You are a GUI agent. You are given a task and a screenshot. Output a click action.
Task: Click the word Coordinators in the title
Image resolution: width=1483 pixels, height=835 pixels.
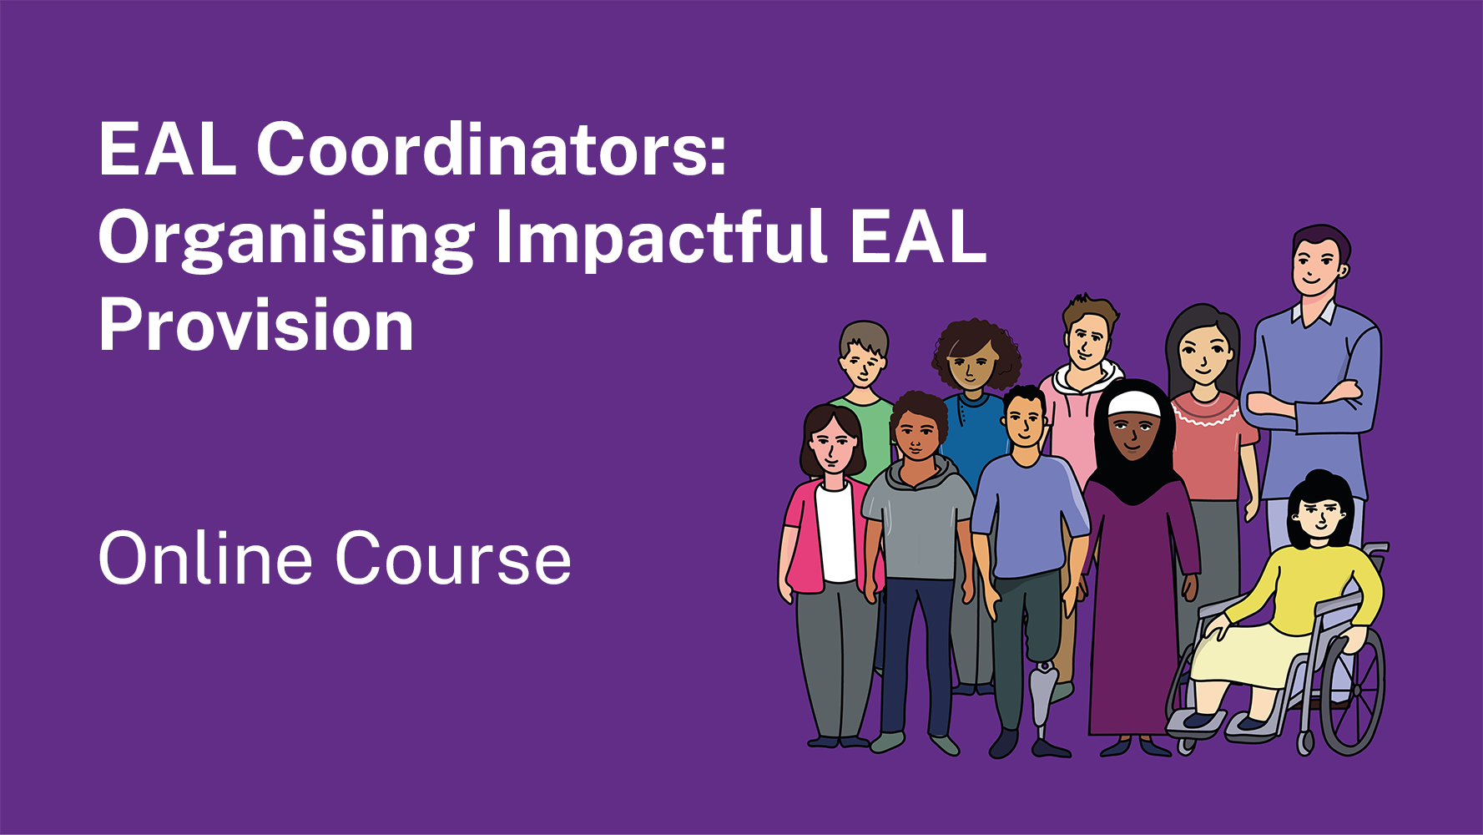[491, 150]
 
